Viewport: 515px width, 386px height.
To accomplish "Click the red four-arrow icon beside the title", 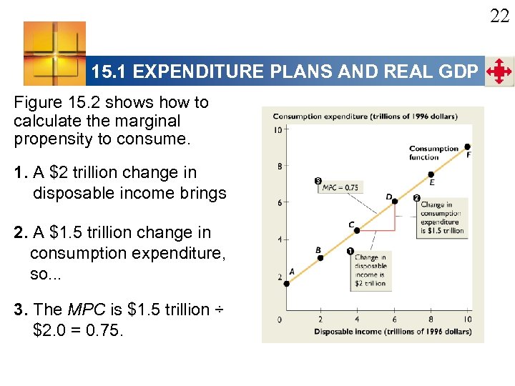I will coord(499,71).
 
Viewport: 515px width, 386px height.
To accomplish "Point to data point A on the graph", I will coord(286,283).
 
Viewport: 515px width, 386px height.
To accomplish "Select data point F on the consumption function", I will coord(468,147).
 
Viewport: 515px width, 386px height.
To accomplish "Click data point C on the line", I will coord(358,230).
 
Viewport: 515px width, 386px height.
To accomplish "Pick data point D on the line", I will coord(395,202).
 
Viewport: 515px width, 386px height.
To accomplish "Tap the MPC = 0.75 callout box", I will coord(340,187).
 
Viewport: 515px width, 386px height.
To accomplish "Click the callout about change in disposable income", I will coord(371,269).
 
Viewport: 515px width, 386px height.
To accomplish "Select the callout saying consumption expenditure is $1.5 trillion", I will coord(441,217).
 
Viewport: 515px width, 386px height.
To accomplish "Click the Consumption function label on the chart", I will coord(433,153).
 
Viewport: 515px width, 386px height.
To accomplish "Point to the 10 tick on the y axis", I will coord(278,129).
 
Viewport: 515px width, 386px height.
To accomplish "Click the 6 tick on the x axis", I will coord(394,319).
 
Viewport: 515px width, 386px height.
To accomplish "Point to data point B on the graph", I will coord(320,257).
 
